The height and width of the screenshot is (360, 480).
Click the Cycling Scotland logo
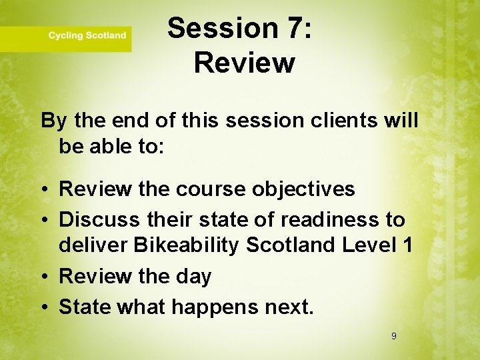87,35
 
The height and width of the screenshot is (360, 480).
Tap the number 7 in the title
291,29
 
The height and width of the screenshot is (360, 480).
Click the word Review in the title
244,63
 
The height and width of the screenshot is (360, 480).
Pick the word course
211,189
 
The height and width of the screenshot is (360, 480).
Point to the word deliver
93,245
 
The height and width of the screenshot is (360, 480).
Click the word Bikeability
187,246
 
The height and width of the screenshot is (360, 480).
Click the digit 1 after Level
407,245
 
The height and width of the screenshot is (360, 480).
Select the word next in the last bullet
286,306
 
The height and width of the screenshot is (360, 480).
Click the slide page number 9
393,336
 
